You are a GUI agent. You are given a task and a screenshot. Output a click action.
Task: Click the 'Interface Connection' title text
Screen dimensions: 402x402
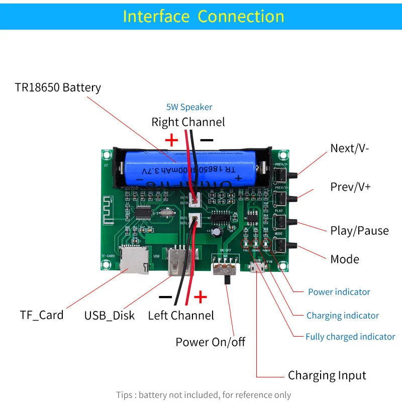click(204, 16)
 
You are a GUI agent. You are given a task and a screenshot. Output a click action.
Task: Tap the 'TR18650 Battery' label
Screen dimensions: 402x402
click(58, 87)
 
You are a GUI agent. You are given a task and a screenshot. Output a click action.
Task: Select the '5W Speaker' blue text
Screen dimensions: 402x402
click(189, 107)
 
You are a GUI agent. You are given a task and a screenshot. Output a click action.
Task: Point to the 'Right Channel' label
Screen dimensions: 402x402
click(188, 122)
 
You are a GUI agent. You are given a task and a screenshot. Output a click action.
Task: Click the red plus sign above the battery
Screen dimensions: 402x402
click(172, 139)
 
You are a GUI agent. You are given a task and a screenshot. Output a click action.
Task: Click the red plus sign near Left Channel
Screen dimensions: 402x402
click(200, 297)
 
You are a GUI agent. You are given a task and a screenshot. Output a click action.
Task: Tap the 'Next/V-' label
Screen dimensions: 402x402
click(350, 148)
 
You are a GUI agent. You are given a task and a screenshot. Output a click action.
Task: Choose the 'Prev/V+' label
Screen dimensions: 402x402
click(350, 186)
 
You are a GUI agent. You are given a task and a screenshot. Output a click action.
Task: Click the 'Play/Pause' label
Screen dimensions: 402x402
click(359, 231)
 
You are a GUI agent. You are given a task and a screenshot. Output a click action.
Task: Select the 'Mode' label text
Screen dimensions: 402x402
click(345, 259)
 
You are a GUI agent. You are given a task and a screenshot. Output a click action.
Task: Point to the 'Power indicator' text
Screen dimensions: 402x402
click(339, 292)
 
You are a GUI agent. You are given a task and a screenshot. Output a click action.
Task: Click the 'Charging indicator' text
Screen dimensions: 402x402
click(342, 316)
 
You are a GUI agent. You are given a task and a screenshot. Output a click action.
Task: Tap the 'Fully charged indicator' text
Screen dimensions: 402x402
click(350, 337)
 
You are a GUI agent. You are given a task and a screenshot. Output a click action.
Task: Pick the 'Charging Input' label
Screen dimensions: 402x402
click(327, 375)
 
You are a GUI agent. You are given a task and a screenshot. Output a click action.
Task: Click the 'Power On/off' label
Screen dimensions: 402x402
click(210, 342)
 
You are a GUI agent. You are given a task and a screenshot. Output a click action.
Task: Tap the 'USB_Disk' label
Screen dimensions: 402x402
click(110, 316)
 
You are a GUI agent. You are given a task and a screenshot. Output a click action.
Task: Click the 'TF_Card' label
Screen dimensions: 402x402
click(42, 315)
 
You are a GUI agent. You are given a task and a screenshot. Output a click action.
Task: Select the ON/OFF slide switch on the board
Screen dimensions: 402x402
click(226, 266)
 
